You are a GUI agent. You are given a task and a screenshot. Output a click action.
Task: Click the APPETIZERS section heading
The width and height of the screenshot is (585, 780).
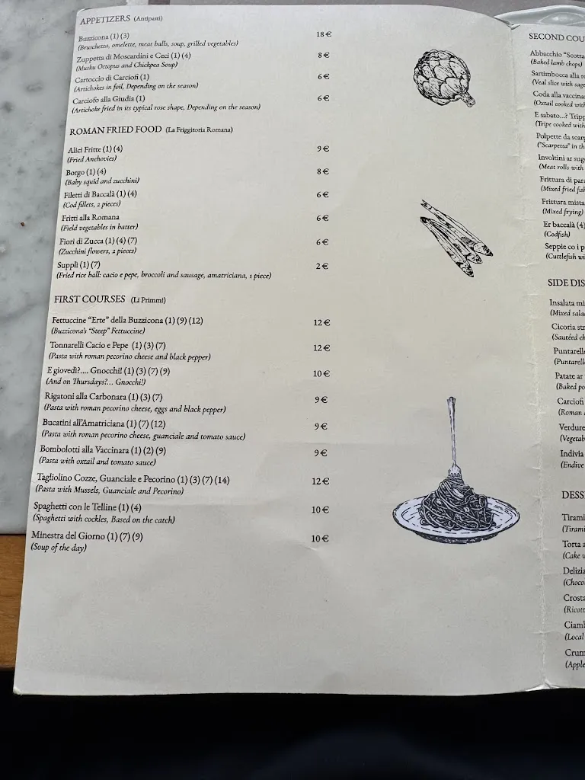coord(105,20)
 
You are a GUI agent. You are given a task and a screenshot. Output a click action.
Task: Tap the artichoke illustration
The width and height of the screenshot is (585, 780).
coord(443,76)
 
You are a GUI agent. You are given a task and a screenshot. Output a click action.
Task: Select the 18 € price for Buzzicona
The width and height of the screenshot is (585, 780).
coord(324,34)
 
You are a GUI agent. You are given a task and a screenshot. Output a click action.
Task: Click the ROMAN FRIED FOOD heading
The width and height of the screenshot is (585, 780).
coord(115,130)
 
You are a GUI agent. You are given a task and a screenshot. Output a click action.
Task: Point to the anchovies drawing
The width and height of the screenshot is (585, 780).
coord(456,238)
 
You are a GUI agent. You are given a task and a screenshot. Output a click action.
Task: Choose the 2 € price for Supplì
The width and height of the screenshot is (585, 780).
coord(322,266)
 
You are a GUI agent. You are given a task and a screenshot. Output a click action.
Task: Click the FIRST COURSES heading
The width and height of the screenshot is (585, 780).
coord(88,299)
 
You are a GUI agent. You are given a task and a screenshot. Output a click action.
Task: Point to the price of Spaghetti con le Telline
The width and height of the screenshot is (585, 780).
coord(320,510)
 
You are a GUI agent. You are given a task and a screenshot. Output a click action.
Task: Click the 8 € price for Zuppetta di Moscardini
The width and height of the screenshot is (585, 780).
coord(324,55)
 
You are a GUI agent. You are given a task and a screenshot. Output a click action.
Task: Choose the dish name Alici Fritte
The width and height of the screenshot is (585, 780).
coord(85,149)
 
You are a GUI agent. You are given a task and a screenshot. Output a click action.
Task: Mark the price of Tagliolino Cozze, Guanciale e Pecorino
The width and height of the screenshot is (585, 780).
coord(320,481)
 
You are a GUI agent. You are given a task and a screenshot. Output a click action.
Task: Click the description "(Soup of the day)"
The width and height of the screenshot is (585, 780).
coord(59,547)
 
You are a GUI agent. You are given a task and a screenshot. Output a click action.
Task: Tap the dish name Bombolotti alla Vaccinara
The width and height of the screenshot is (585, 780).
coord(91,450)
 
